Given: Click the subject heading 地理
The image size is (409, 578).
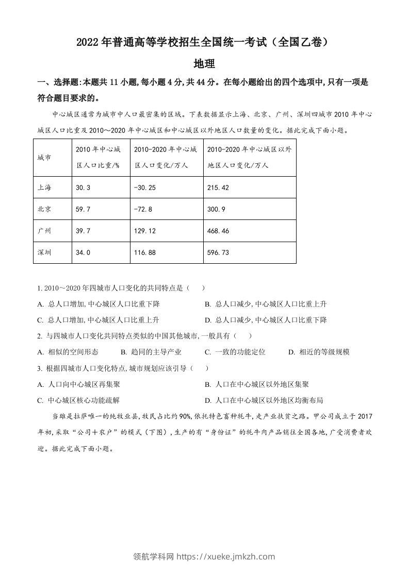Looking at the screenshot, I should coord(204,64).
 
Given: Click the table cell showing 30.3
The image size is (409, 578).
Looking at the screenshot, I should coord(83,188).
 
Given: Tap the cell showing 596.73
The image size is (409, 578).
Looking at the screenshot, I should coord(218,252).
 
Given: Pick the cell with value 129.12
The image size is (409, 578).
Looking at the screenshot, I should coord(144,231).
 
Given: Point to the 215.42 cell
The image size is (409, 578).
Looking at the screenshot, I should coord(218,188).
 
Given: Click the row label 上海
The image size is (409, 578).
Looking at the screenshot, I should coord(45,188).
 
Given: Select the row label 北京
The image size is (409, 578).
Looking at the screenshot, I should coord(45,209).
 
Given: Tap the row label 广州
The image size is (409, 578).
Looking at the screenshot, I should coord(45,231).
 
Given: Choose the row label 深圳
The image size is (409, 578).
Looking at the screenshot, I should coord(45,252).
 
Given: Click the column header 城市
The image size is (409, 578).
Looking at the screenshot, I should coord(45,158).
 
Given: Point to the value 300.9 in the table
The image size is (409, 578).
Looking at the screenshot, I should coord(216,209).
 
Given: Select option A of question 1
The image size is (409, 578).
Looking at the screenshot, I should coord(99,304).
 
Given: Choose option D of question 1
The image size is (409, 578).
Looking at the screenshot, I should coord(266,320).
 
